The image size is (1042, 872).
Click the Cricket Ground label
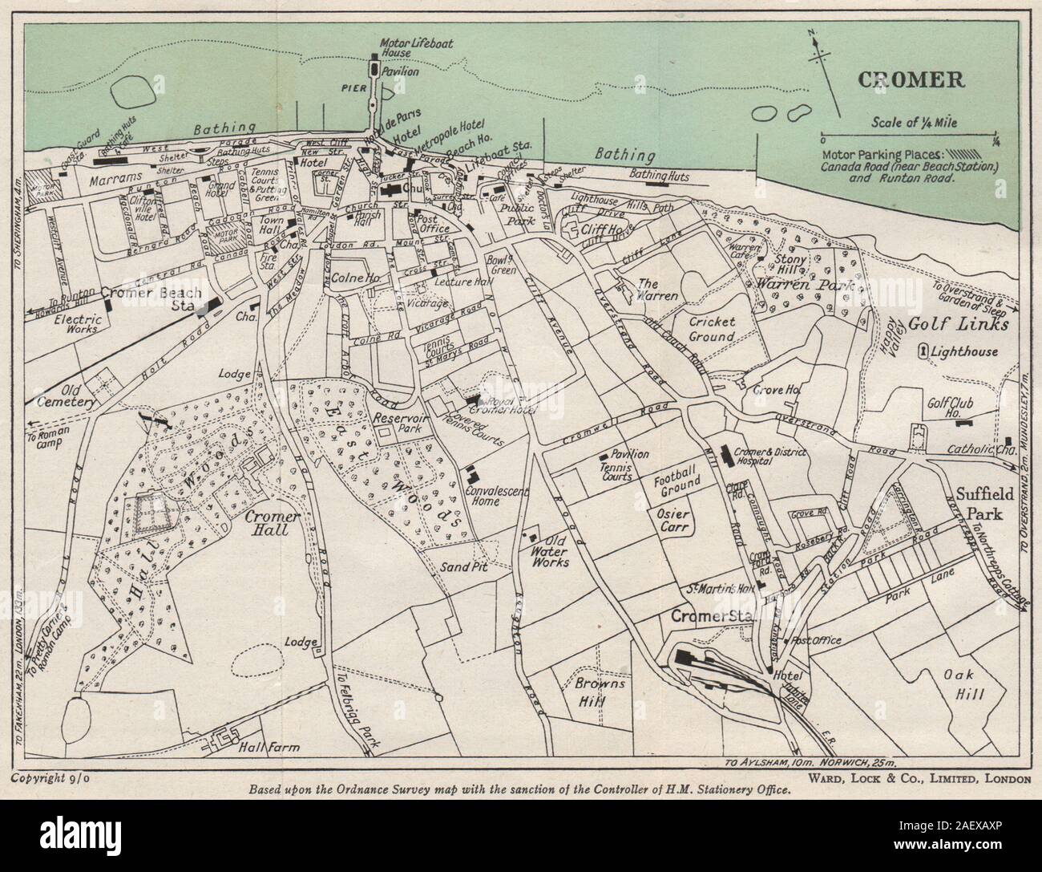(x=713, y=329)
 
